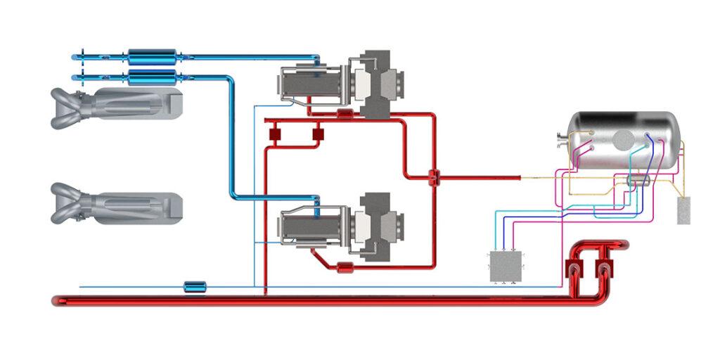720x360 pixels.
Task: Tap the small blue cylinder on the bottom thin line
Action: pos(194,286)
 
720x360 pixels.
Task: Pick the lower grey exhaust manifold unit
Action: pos(116,203)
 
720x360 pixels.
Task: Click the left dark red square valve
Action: pos(273,132)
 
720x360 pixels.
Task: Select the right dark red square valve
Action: pos(317,132)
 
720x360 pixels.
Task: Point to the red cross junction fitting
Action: pos(433,177)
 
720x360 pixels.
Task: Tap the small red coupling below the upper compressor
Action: pos(344,114)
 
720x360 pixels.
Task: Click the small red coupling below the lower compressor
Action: pos(344,266)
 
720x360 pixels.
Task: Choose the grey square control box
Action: pos(506,266)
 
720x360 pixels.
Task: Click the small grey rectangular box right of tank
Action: pos(683,211)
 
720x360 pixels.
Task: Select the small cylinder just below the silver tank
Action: pos(637,181)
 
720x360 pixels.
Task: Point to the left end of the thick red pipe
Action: pos(56,301)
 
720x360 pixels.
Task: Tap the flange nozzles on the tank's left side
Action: pos(560,141)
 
